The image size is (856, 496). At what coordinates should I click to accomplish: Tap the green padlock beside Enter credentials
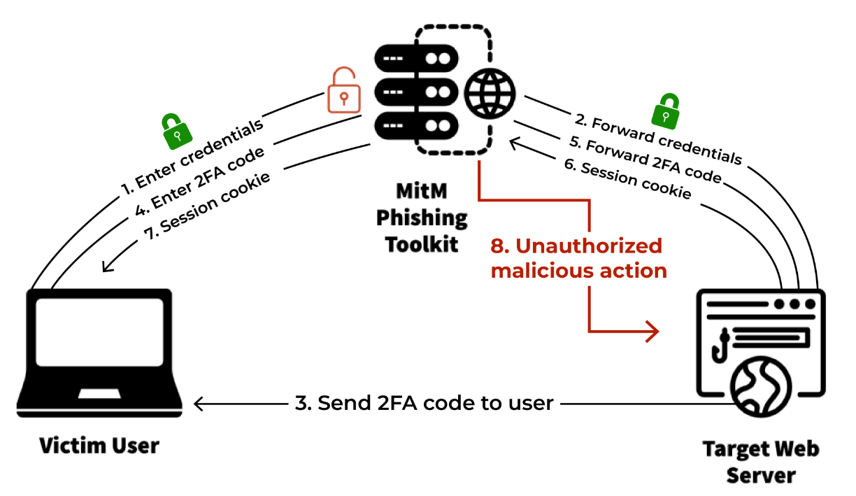[177, 131]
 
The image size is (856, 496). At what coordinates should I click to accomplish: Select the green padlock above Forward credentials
[666, 111]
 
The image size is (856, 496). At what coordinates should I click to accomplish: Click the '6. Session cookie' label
[628, 180]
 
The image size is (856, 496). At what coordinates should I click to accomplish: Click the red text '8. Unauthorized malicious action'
[578, 258]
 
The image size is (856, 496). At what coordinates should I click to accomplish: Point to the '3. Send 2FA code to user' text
[425, 404]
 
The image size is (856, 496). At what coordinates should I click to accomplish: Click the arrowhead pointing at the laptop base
[200, 404]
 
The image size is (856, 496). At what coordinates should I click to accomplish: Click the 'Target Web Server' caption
[760, 461]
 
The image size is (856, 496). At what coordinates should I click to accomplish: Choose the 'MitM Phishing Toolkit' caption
[422, 218]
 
